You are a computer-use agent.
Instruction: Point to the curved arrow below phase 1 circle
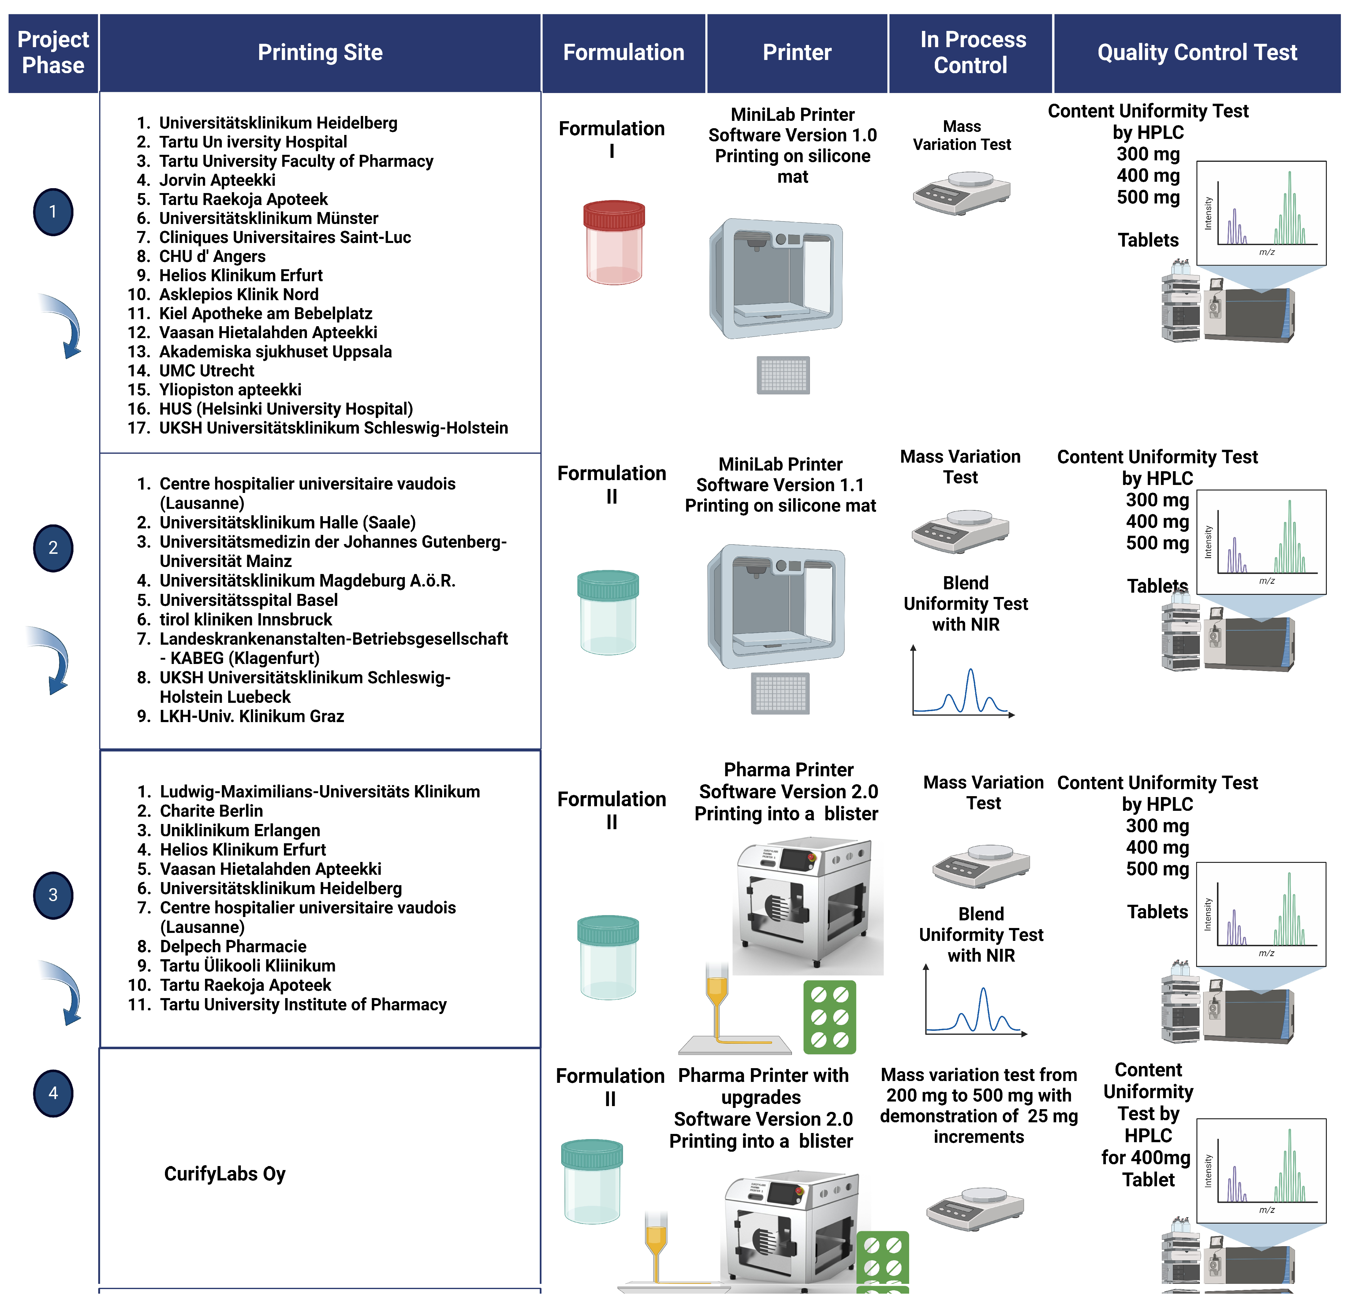tap(63, 325)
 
